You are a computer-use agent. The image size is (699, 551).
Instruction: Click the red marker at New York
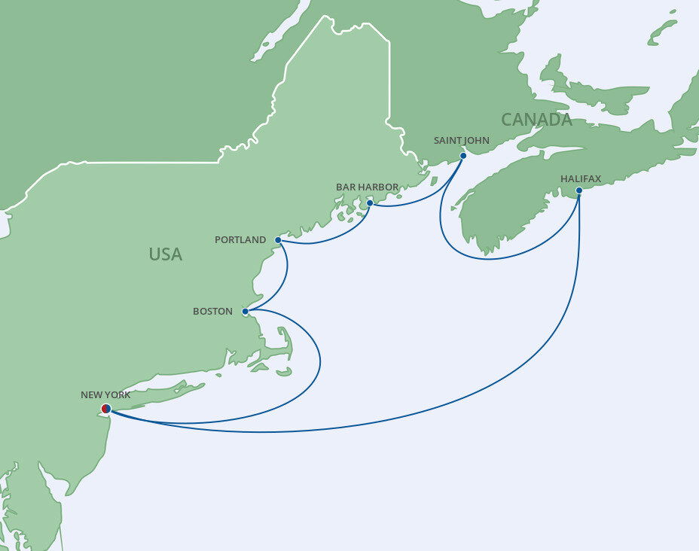[105, 409]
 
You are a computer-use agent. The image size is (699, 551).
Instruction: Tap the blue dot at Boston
[245, 311]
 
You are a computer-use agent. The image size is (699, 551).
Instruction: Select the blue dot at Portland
[278, 240]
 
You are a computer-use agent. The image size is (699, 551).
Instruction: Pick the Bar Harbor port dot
[370, 203]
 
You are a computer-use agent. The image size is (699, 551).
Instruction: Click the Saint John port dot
[462, 156]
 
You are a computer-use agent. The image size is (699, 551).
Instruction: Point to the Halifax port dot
[578, 190]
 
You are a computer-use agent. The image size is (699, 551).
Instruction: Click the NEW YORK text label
[105, 394]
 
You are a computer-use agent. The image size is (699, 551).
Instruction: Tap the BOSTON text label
[212, 311]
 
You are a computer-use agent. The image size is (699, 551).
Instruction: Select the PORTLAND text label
[240, 240]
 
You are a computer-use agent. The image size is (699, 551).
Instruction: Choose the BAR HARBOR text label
[368, 187]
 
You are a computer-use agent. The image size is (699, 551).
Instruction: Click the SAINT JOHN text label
[462, 140]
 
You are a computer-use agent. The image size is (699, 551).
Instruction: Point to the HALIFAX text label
[580, 178]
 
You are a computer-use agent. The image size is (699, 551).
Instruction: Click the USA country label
[165, 254]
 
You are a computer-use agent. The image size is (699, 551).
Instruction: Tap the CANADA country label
[536, 120]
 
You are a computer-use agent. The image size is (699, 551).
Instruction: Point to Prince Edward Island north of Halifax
[595, 91]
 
